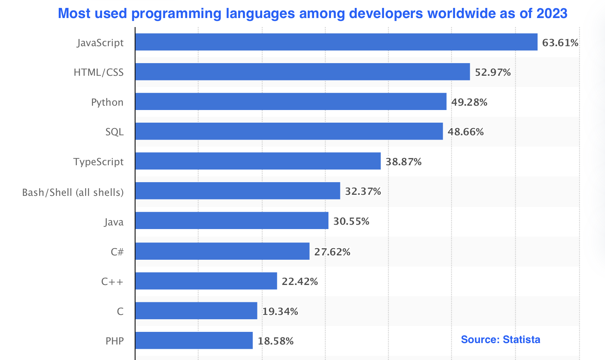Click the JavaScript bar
[x=336, y=42]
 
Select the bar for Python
[x=291, y=102]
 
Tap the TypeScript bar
[x=258, y=161]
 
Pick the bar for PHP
[x=194, y=341]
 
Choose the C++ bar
[x=206, y=281]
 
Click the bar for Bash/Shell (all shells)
[x=238, y=191]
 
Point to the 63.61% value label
[x=560, y=43]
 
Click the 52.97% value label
[x=493, y=73]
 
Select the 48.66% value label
[x=465, y=132]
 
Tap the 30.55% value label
[x=351, y=221]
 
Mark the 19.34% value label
[x=280, y=311]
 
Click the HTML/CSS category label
[x=98, y=73]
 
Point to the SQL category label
[x=114, y=132]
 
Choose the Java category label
[x=114, y=221]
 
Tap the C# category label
[x=117, y=251]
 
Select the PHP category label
[x=115, y=341]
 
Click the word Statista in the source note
[x=521, y=339]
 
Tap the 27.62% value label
[x=332, y=252]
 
